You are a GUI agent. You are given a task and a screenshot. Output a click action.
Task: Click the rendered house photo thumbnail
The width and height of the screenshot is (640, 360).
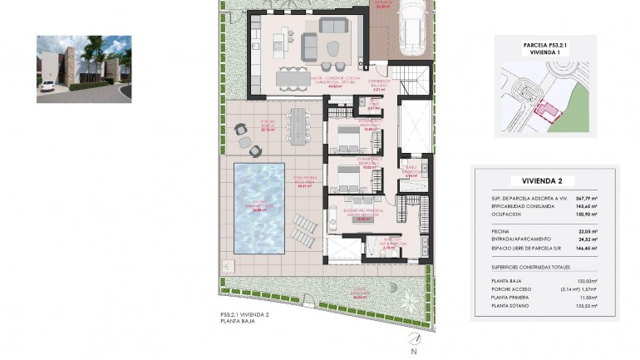point(84,69)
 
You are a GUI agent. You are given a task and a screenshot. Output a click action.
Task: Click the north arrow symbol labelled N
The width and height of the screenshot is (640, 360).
point(412,342)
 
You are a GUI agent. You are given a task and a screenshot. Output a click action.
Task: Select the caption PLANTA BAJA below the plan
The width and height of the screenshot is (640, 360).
point(236,320)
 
